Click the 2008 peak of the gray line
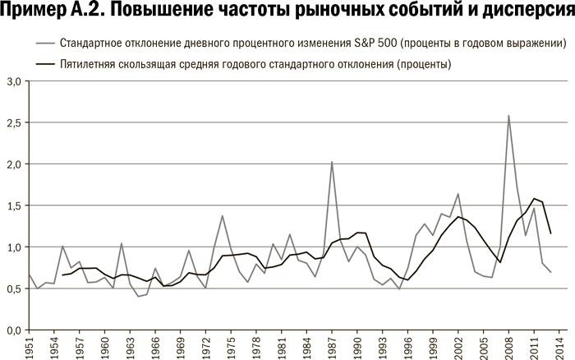point(508,116)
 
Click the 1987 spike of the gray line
point(331,162)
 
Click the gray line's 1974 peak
point(222,216)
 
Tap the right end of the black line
point(550,233)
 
